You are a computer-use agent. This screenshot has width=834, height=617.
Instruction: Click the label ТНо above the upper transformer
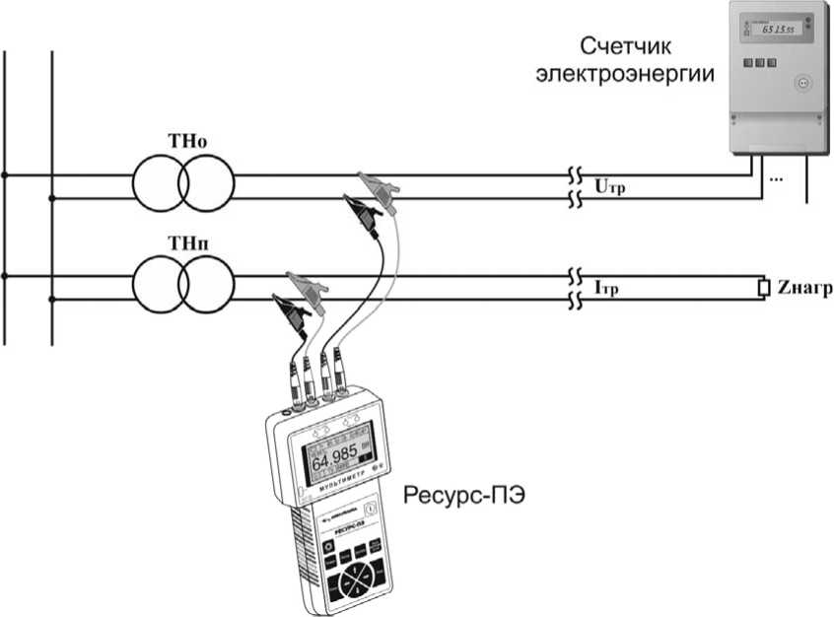(x=183, y=139)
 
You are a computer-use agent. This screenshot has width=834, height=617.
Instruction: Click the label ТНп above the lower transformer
(x=183, y=241)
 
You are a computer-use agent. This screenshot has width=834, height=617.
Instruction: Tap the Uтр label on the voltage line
(x=612, y=185)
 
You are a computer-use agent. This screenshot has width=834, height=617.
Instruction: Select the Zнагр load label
(x=804, y=288)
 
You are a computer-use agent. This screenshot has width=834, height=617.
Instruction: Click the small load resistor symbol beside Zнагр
(x=763, y=288)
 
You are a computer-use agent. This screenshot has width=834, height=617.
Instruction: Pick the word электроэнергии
(x=625, y=74)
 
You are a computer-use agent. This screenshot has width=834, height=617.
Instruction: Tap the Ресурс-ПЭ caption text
(x=462, y=495)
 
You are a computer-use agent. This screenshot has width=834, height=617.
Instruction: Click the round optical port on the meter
(x=801, y=83)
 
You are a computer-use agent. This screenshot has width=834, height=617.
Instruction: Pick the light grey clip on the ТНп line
(x=306, y=287)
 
